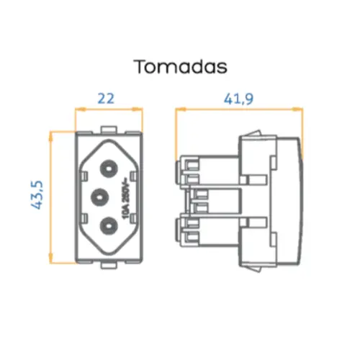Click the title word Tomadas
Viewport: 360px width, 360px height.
(x=180, y=66)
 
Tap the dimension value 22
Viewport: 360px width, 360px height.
(x=107, y=98)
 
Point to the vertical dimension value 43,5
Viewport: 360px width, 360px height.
(x=38, y=195)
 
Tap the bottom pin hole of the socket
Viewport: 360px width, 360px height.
(x=107, y=225)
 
